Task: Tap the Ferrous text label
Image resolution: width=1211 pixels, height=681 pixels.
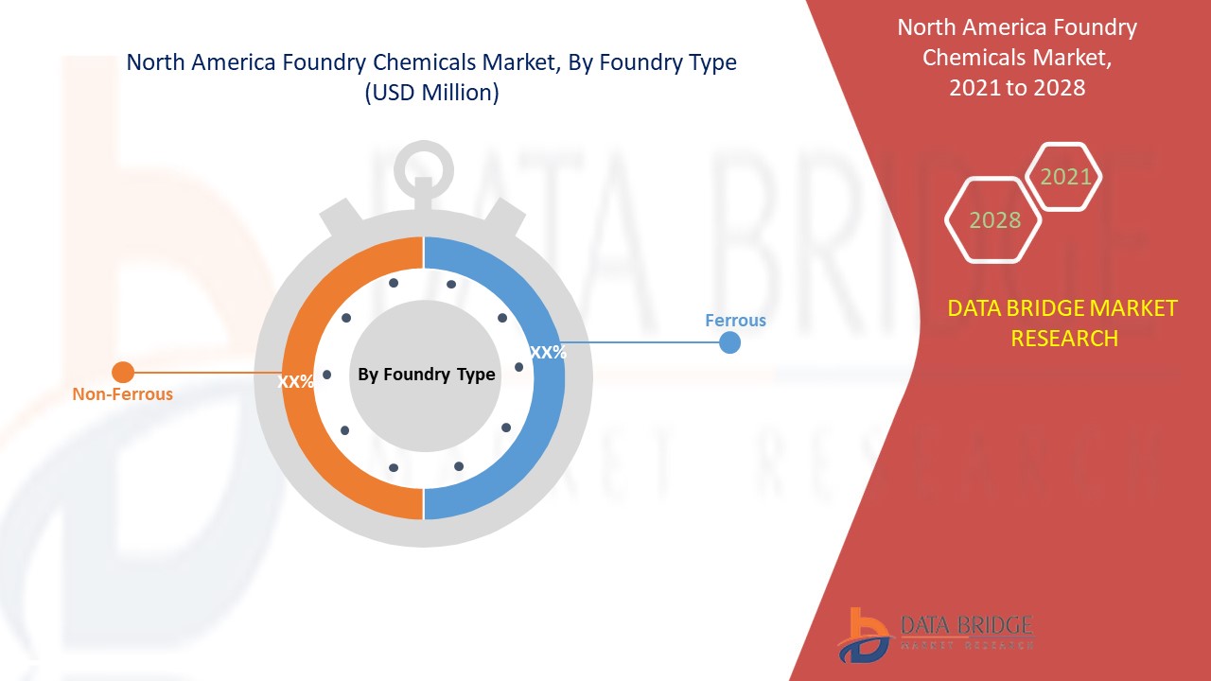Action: (735, 321)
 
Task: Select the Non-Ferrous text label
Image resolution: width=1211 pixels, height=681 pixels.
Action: (123, 394)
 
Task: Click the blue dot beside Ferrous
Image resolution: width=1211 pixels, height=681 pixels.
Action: (729, 342)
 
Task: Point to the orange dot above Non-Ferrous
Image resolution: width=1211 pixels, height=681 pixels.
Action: (123, 373)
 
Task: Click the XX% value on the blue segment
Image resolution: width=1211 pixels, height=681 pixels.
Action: (548, 353)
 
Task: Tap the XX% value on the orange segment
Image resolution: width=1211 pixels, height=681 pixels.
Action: (296, 382)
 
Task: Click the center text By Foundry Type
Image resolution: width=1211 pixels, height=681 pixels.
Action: (426, 375)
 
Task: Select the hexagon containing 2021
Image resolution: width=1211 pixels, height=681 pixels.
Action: (1065, 177)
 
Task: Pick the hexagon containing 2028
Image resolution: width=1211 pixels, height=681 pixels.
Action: (994, 220)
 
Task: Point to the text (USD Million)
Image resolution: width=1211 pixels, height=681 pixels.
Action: (431, 94)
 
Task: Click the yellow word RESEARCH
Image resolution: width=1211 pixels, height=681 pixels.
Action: (1064, 339)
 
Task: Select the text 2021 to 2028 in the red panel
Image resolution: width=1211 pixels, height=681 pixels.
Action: (1017, 88)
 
